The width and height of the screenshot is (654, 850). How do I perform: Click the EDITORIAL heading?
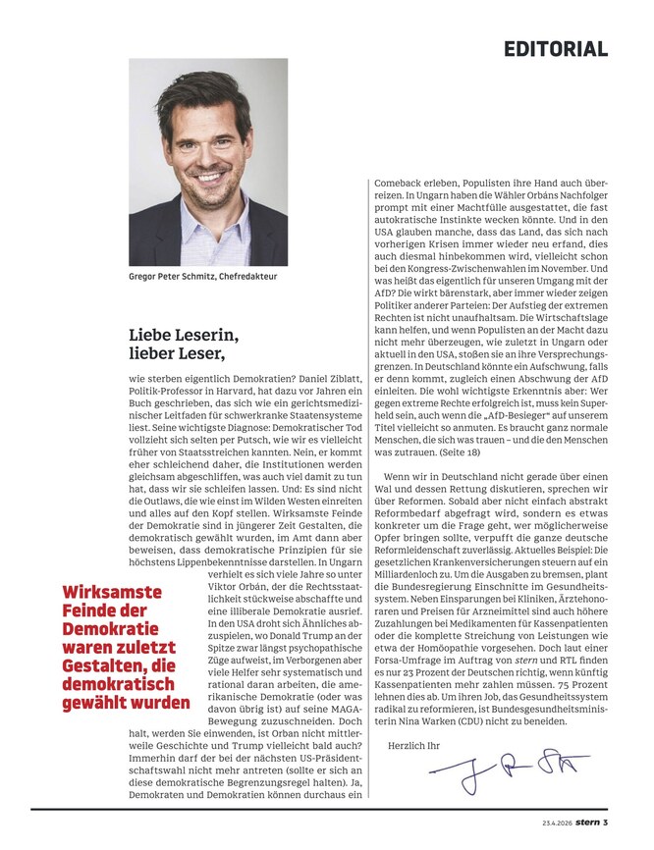[x=556, y=48]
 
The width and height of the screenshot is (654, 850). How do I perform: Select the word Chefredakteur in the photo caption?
[x=247, y=277]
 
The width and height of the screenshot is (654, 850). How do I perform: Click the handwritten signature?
[x=503, y=770]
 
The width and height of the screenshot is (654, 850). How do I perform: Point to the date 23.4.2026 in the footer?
[x=559, y=823]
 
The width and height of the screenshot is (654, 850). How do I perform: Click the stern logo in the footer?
[x=591, y=823]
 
